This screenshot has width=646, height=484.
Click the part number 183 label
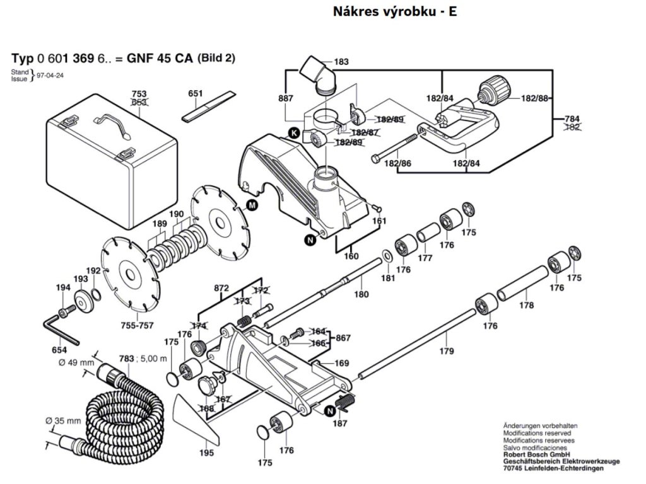[341, 62]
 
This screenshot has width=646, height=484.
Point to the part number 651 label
[196, 94]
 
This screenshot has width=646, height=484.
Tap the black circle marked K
[293, 132]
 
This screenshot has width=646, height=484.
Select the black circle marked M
[252, 205]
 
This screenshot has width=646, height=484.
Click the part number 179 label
[447, 351]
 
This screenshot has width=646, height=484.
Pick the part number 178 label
[526, 306]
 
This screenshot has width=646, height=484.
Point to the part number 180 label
[361, 294]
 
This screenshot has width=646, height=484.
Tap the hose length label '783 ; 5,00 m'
[143, 359]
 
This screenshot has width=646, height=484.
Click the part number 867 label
[343, 338]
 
